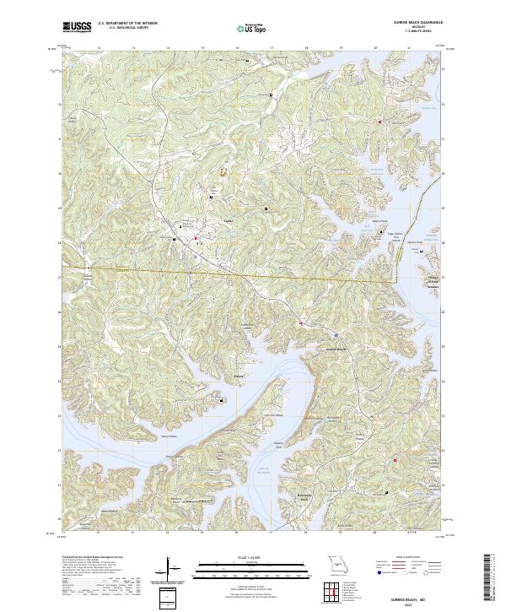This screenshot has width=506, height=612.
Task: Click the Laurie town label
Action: (x=227, y=224)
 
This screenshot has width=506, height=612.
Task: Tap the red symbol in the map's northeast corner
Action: (x=380, y=122)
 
